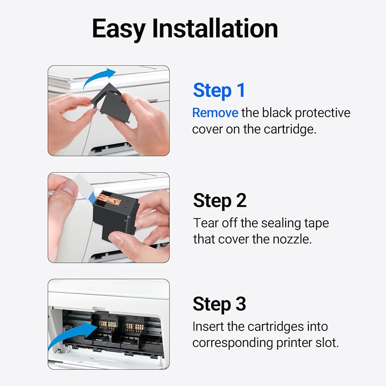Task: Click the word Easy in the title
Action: tap(119, 29)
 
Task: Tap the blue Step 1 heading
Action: tap(219, 91)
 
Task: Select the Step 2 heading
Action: tap(220, 201)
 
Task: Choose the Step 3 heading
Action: tap(219, 305)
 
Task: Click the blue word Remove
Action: tap(215, 113)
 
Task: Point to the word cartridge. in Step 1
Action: tap(290, 129)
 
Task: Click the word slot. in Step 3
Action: tap(327, 343)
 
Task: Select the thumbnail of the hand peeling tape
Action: tap(108, 218)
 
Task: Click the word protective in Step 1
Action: tap(322, 113)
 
